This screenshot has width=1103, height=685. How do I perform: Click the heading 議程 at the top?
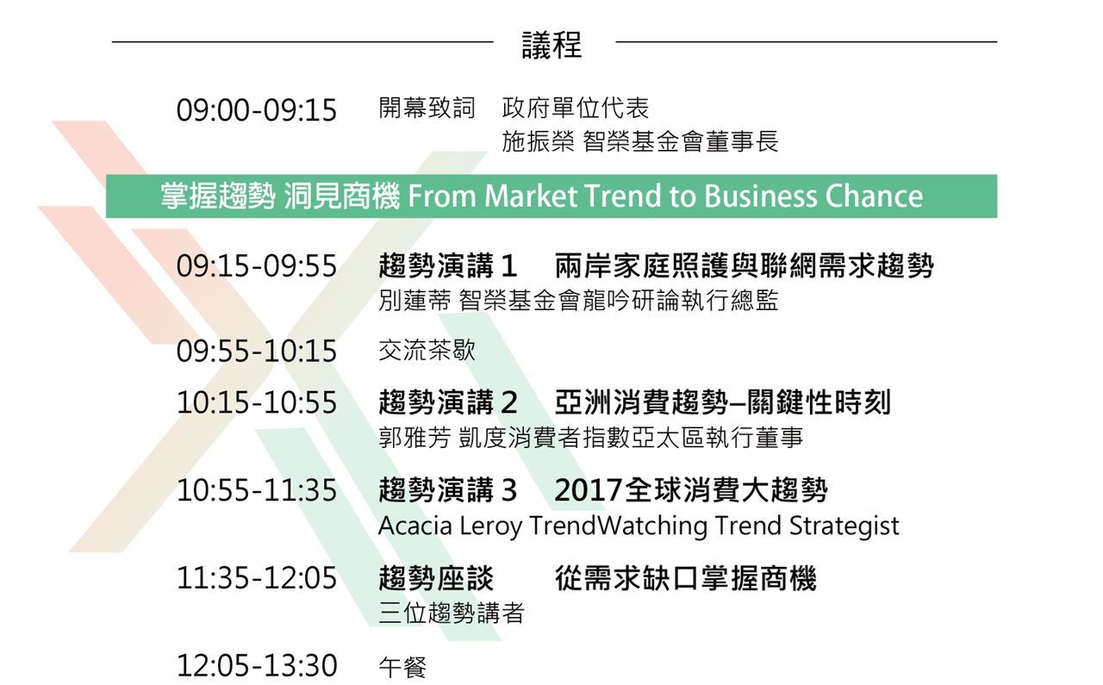pos(552,45)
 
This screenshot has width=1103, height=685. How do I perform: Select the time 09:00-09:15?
pos(257,109)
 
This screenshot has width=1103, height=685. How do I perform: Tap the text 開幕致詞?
pos(427,108)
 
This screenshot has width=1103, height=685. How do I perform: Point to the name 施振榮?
pos(538,141)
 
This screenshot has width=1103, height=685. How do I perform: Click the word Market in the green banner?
pos(530,196)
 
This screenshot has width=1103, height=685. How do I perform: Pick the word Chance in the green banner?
pos(874,196)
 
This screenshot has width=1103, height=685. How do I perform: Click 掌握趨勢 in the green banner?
pos(218,196)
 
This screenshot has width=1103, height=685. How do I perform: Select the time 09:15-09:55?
pos(257,266)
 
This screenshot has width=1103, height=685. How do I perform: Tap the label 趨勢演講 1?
pos(447,266)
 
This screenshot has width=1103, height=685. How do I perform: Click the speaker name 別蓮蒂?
pos(414,301)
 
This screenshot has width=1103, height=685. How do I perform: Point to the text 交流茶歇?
pos(427,350)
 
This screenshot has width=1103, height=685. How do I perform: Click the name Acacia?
pos(415,526)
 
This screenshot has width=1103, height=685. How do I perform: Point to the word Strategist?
pos(844,526)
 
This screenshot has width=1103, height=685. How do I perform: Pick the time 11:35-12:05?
pos(257,578)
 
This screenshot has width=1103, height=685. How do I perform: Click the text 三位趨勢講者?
pos(452,613)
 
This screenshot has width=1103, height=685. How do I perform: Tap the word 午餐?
pos(402,667)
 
